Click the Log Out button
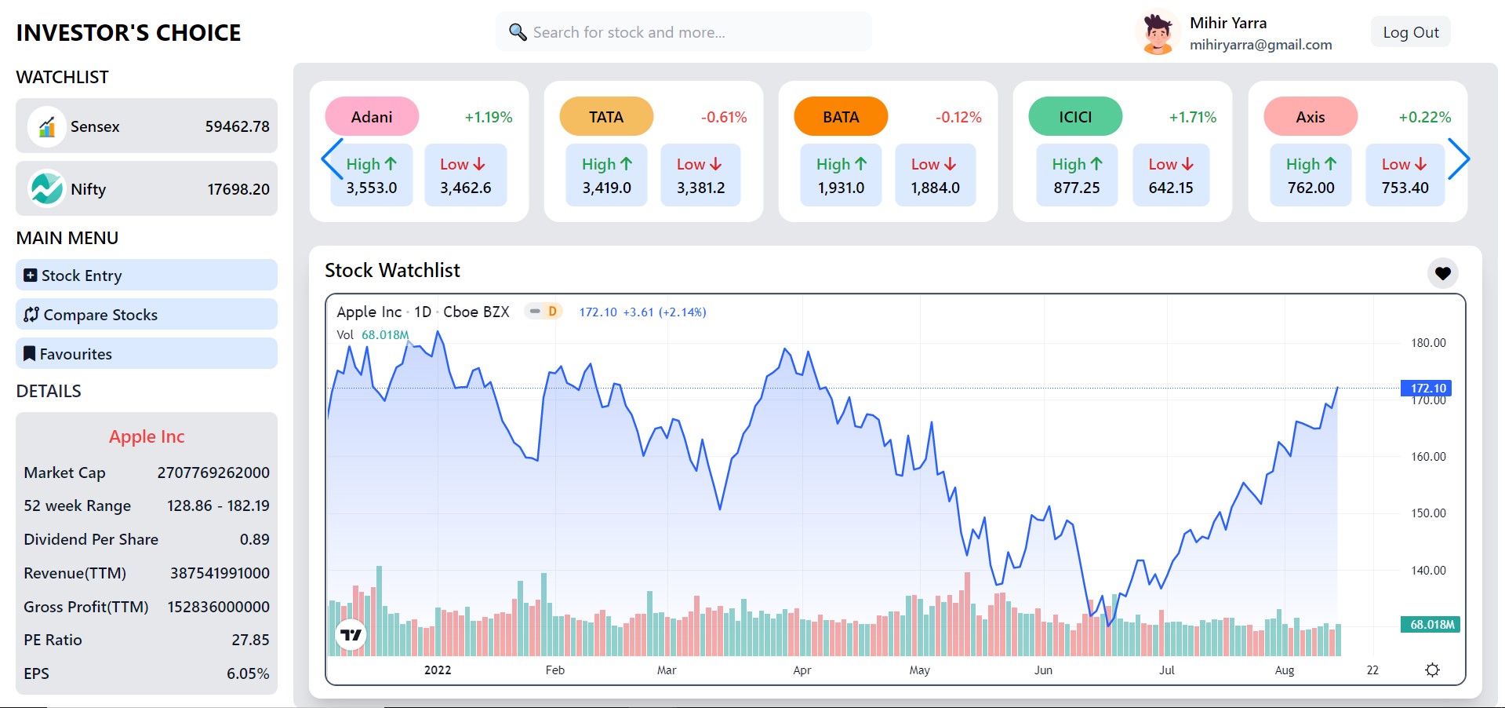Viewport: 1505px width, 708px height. coord(1410,32)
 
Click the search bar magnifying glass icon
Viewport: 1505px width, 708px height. coord(518,32)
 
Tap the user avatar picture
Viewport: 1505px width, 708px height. coord(1157,33)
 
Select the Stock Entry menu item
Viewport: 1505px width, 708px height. coord(146,276)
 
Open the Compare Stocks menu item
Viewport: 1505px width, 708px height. coord(146,315)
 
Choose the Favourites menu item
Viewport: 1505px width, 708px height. coord(146,354)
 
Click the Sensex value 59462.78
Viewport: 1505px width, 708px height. coord(237,126)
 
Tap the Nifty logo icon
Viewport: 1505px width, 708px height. coord(46,189)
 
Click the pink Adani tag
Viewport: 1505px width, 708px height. coord(372,117)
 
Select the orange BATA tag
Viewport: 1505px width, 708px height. coord(841,117)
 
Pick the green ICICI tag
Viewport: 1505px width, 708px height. coord(1075,117)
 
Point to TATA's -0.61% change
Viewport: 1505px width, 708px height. coord(723,118)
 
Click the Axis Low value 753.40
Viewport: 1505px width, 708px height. coord(1405,188)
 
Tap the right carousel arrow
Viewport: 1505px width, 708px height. coord(1458,159)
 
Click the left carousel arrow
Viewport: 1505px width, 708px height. coord(333,159)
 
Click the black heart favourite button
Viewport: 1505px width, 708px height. coord(1442,273)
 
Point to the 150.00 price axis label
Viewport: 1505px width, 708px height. coord(1428,513)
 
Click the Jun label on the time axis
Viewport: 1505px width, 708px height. coord(1043,670)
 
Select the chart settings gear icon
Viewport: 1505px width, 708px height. coord(1432,670)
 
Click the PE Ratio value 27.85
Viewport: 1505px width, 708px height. coord(250,640)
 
